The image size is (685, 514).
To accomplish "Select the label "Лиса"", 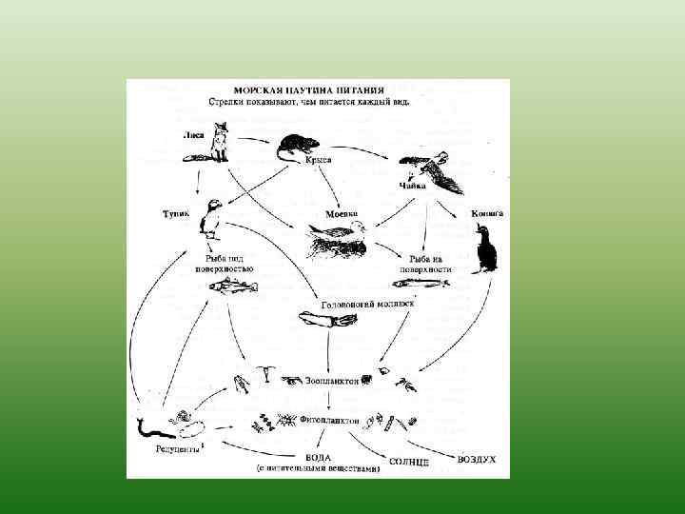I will pos(194,136).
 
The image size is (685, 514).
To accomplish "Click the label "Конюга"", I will pos(487,214).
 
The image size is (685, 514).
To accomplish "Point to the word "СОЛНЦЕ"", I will pos(409,463).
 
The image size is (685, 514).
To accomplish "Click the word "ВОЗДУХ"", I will pos(477,459).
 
